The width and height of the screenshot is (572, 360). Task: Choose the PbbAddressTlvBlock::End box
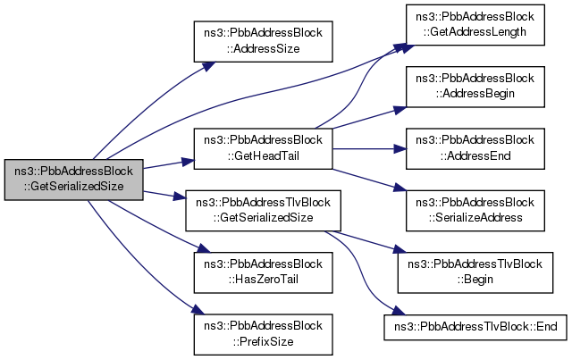pyautogui.click(x=471, y=327)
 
